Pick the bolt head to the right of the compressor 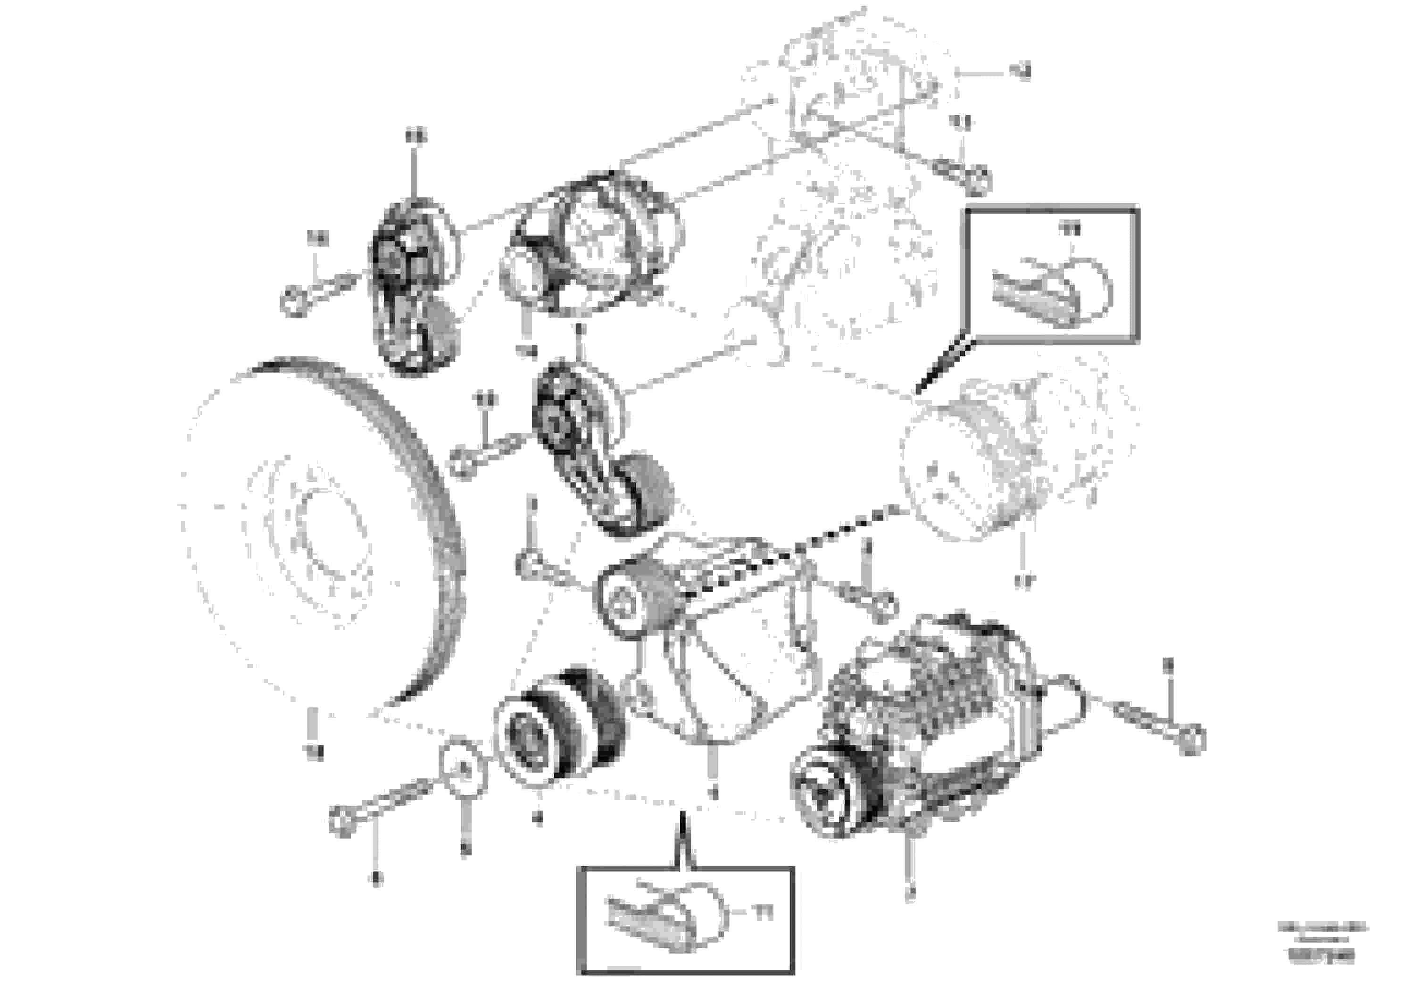pyautogui.click(x=1190, y=741)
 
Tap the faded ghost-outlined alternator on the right pyautogui.click(x=1015, y=452)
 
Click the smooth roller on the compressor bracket pyautogui.click(x=636, y=596)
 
